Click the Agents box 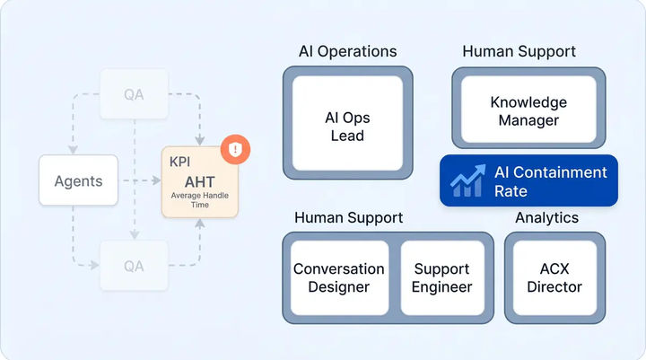click(78, 180)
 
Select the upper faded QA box click(134, 94)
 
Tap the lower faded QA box click(134, 265)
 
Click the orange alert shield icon click(235, 148)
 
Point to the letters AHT click(199, 180)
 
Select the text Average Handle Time click(199, 199)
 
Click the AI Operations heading click(347, 51)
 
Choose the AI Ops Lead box click(347, 127)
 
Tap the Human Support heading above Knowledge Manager click(519, 51)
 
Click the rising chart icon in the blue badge click(467, 180)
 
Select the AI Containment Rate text click(549, 181)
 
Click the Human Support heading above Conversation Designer click(348, 217)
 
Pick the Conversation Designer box click(338, 277)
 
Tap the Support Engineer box click(441, 277)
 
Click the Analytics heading click(546, 217)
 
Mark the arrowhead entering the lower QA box click(96, 265)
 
